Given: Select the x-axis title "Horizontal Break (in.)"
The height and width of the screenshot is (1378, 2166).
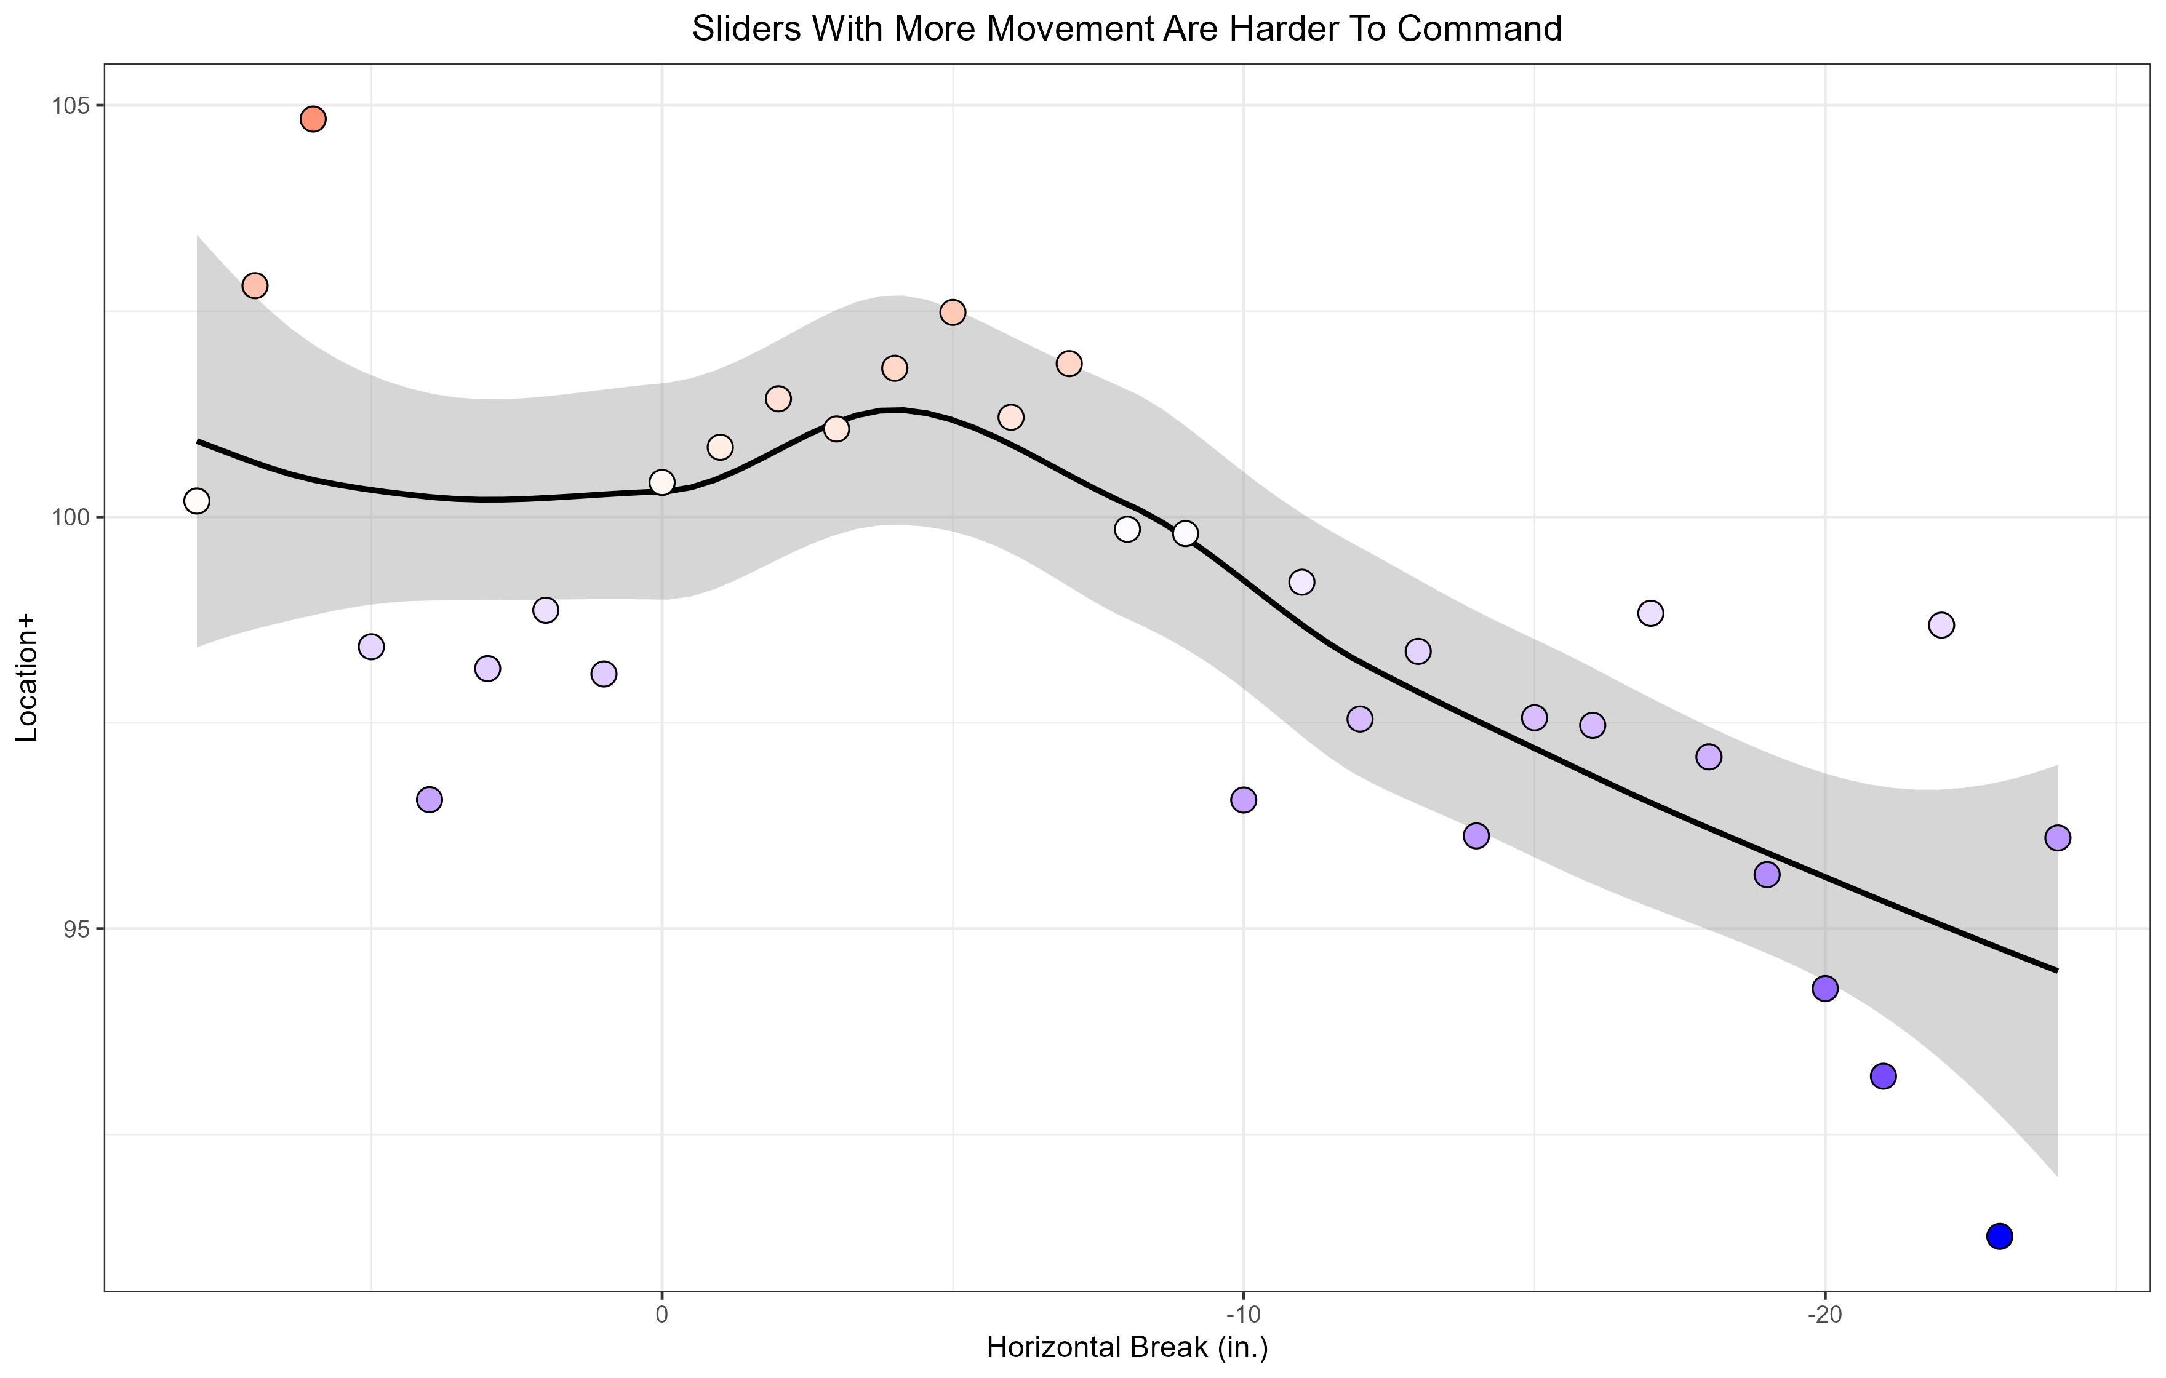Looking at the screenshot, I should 1127,1347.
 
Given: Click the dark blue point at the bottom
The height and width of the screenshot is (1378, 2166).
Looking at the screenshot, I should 1999,1236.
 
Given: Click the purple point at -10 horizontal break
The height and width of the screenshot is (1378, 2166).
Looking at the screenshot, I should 1243,800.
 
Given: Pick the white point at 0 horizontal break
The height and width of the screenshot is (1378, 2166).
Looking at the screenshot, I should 662,482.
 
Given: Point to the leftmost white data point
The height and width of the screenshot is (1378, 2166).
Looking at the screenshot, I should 197,501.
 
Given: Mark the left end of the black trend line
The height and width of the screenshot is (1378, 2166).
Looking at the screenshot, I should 198,440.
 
